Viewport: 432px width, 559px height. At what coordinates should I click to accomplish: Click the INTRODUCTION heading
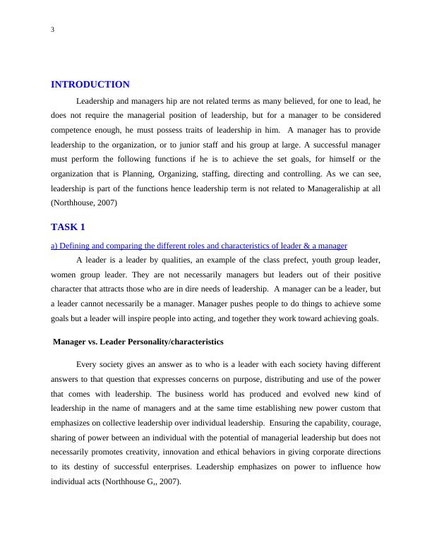90,85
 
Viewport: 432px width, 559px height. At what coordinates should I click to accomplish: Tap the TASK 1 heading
68,227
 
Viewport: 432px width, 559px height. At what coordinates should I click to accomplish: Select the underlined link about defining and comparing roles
199,246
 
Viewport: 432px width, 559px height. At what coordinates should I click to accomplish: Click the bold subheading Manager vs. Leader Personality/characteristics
138,342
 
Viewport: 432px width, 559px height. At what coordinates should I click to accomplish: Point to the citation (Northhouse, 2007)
84,203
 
